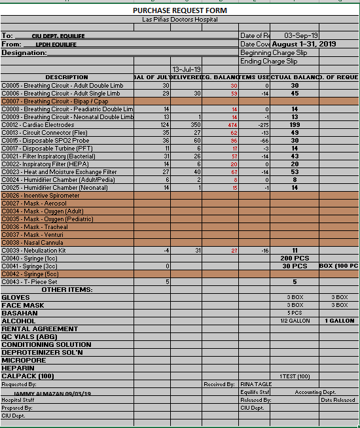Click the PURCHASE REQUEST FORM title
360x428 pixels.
pos(180,10)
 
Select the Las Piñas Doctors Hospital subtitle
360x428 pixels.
pos(180,20)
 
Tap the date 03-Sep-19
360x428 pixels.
pos(302,35)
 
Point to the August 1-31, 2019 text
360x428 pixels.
pos(304,44)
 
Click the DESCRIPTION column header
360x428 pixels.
pos(67,77)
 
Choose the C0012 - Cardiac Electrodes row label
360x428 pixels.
pos(38,124)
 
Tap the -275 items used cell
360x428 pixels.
pos(264,124)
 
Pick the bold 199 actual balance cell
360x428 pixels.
pos(295,124)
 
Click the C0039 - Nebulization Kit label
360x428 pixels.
pos(34,250)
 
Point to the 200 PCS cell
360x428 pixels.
pos(295,258)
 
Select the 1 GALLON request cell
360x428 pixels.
pos(340,321)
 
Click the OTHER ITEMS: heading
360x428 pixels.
pos(67,289)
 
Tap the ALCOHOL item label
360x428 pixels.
pos(18,321)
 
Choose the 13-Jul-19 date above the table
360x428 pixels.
pos(186,69)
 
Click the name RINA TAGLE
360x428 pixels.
pos(256,384)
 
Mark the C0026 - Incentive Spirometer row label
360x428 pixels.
pos(41,195)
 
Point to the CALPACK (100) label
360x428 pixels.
pos(27,376)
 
